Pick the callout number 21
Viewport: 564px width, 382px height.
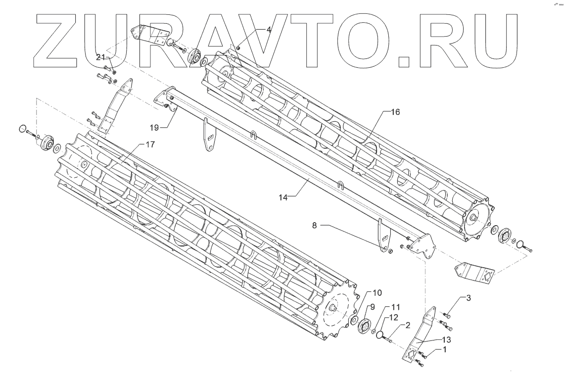tap(100, 57)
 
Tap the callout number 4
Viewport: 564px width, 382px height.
tap(269, 30)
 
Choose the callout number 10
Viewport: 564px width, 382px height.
tap(377, 293)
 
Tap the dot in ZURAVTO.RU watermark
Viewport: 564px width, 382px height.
tap(404, 61)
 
